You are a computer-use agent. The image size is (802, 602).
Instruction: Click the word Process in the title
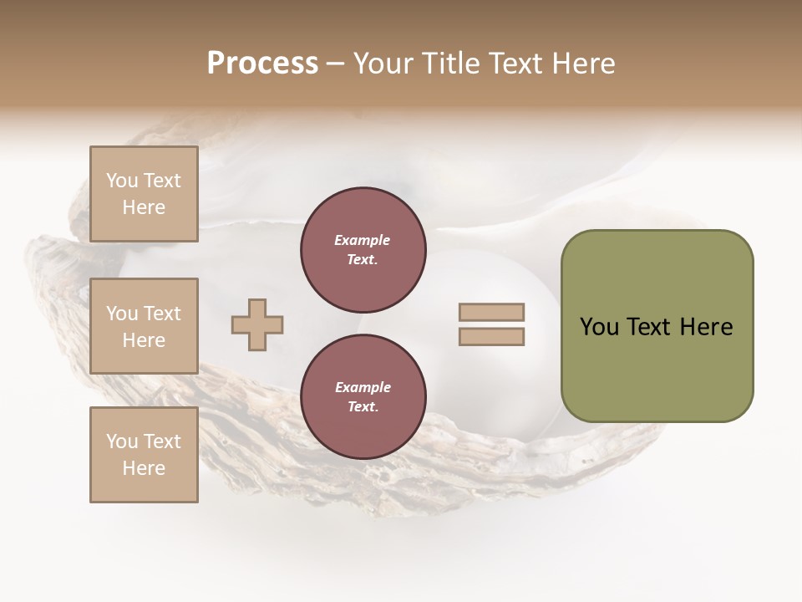coord(262,64)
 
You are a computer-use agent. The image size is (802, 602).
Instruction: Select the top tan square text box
coord(144,194)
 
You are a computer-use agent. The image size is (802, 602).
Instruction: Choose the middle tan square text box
coord(144,326)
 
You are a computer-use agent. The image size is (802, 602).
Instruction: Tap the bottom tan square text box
coord(144,455)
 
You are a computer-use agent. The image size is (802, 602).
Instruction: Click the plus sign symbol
coord(257,324)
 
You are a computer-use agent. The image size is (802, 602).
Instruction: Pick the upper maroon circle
coord(363,250)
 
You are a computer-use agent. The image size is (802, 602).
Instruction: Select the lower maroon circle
coord(363,397)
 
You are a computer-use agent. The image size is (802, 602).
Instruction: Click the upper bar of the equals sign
coord(491,313)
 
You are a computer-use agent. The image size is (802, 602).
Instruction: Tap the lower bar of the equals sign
coord(491,336)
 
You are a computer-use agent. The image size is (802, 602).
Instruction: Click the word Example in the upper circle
coord(363,240)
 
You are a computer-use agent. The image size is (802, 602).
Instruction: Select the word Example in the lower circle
coord(363,387)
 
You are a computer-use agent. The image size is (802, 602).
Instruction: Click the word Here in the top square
coord(144,207)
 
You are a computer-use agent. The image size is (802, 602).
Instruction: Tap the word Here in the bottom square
coord(144,468)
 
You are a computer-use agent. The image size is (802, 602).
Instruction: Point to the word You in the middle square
coord(122,314)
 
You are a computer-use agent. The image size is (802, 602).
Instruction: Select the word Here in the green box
coord(706,327)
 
